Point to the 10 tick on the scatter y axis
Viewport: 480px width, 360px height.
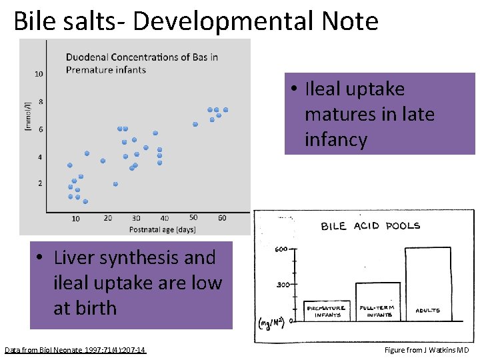[39, 74]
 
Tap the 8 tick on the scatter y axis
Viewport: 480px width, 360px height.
[41, 102]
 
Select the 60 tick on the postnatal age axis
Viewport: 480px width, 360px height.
[222, 217]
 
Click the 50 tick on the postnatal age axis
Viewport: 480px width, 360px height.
[193, 217]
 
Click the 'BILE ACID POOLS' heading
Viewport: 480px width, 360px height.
[371, 226]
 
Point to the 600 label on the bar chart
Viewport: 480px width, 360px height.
[281, 250]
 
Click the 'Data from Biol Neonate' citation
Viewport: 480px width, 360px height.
[75, 350]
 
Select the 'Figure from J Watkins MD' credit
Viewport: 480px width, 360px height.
[427, 350]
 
